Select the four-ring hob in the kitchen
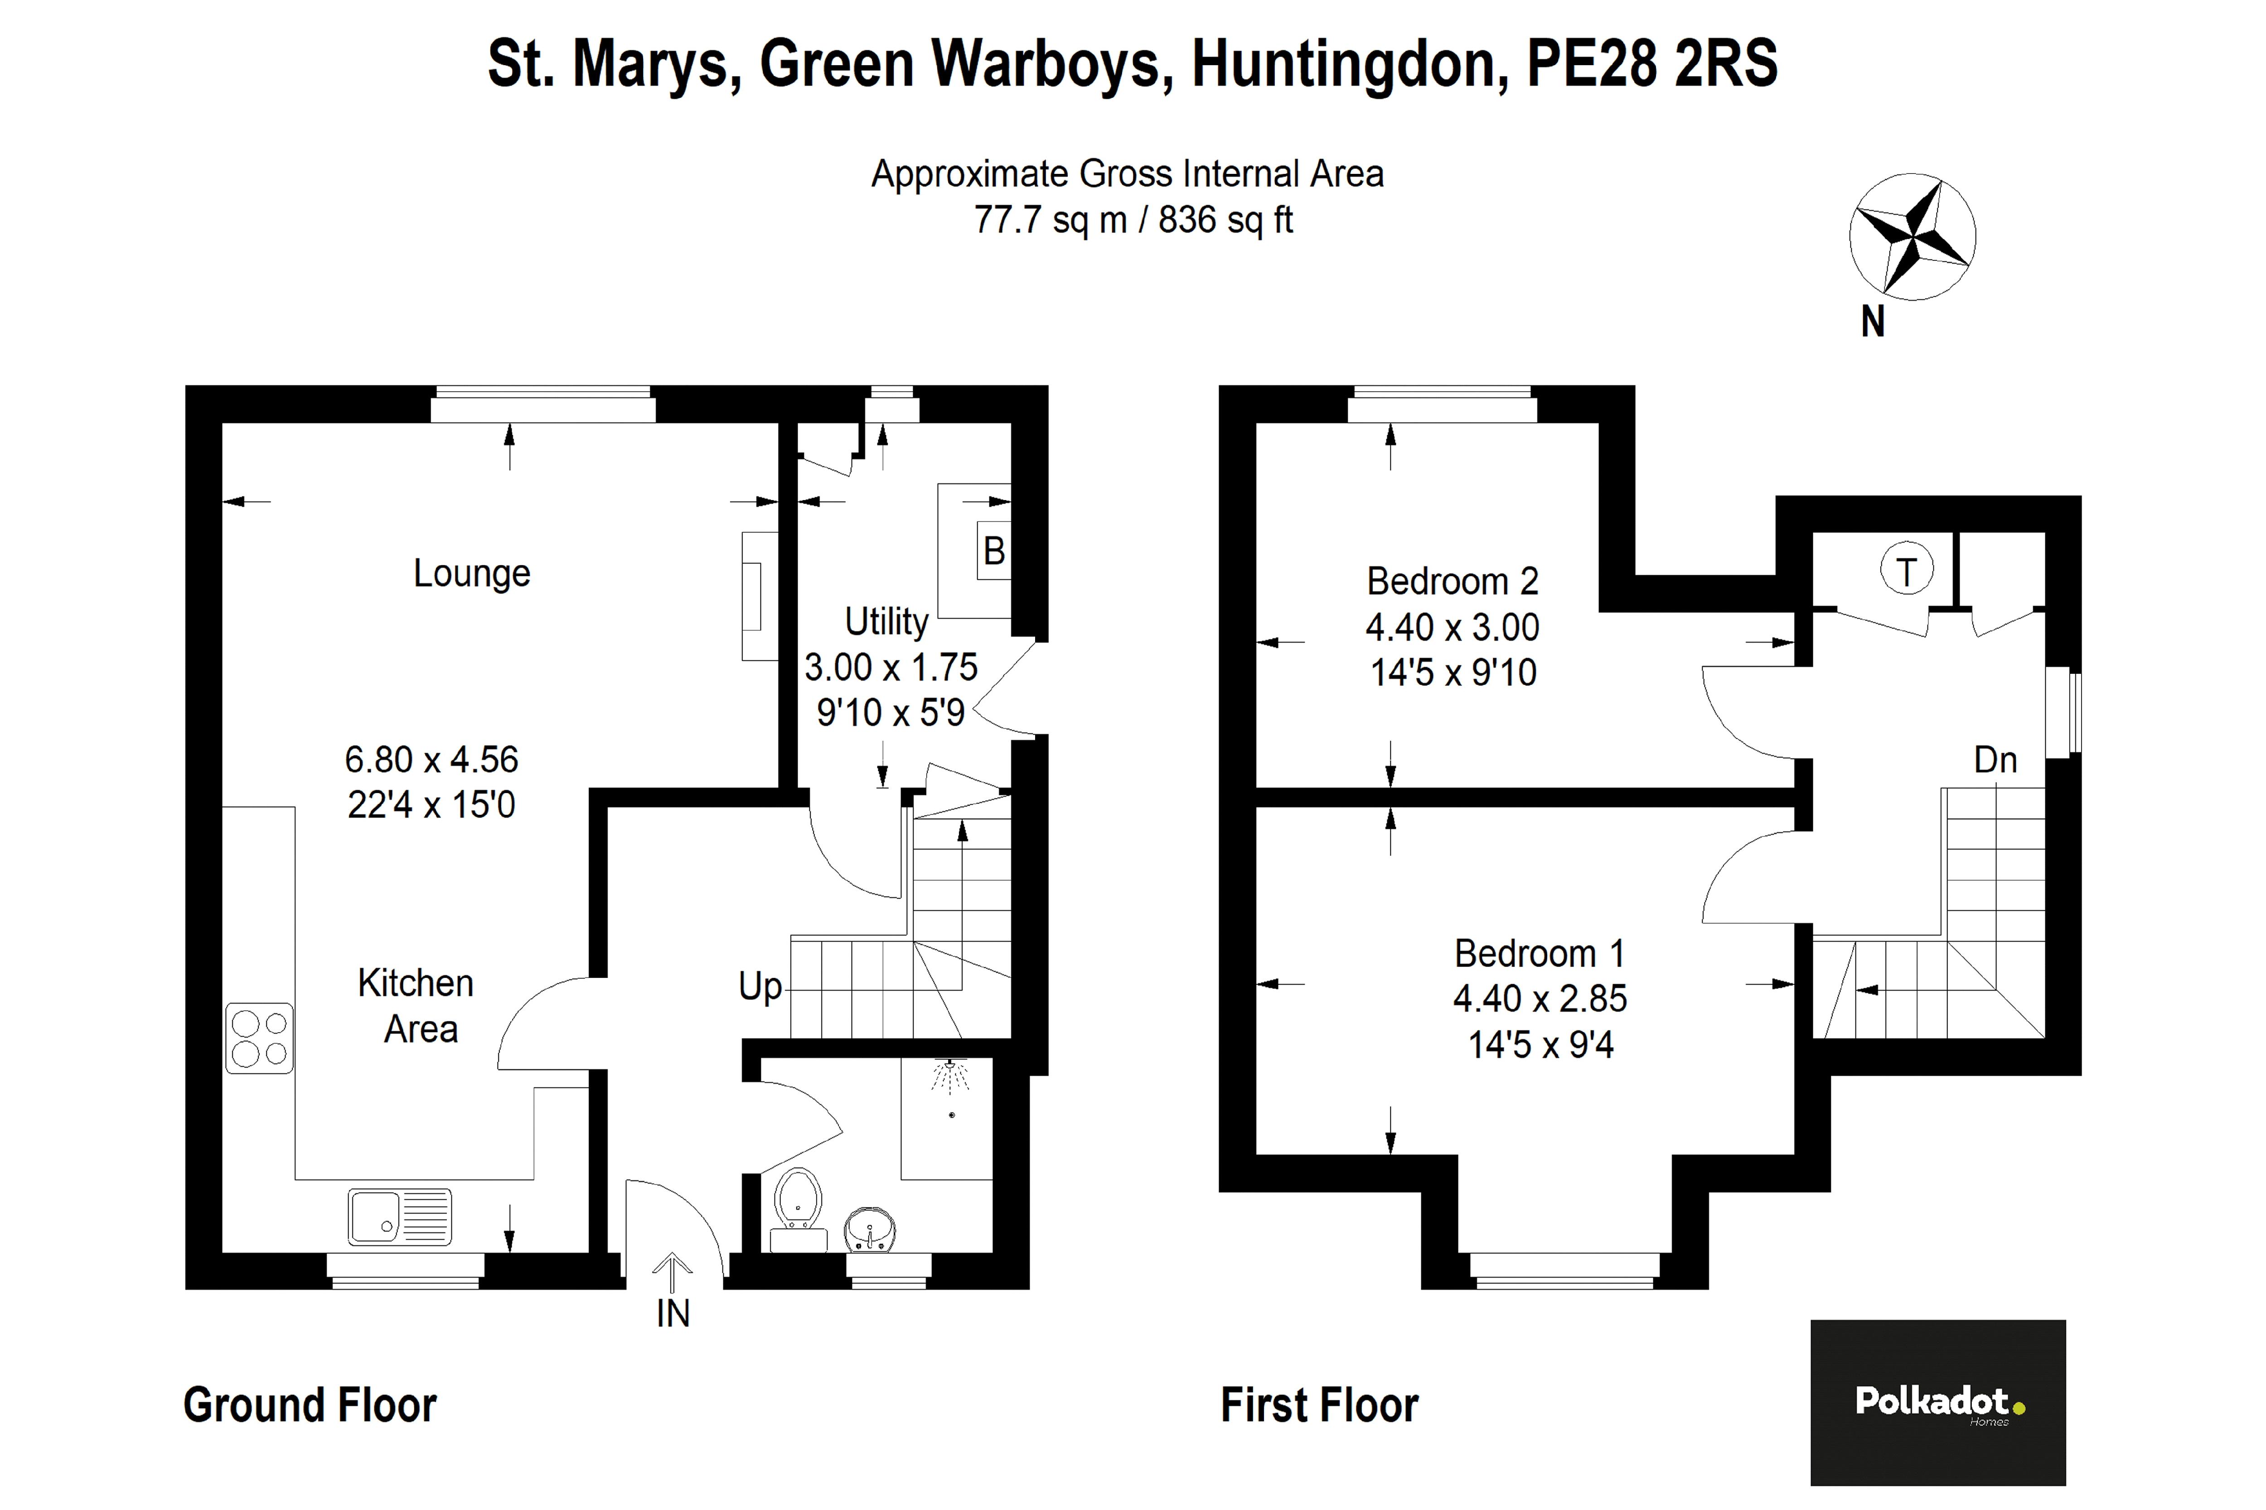coord(259,1038)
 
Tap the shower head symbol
coord(951,1077)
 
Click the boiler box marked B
coord(993,551)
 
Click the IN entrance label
coord(673,1313)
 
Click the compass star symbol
coord(1912,237)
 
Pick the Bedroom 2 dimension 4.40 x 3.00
coord(1452,627)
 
